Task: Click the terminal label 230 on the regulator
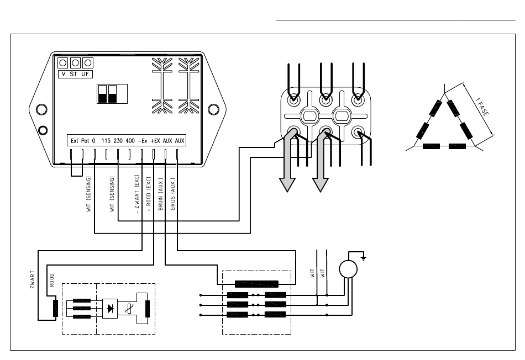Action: pyautogui.click(x=118, y=141)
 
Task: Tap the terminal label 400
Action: pyautogui.click(x=130, y=141)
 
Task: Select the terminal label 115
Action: pyautogui.click(x=106, y=141)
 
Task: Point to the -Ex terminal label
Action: pyautogui.click(x=142, y=141)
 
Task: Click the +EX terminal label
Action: pyautogui.click(x=155, y=141)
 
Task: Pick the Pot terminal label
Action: pyautogui.click(x=85, y=141)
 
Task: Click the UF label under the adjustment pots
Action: pyautogui.click(x=85, y=74)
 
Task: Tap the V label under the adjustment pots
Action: pyautogui.click(x=64, y=74)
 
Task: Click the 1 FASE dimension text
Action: pyautogui.click(x=482, y=107)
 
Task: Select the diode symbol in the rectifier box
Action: pyautogui.click(x=109, y=309)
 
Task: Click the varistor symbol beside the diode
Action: pyautogui.click(x=129, y=309)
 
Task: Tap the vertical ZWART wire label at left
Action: pyautogui.click(x=32, y=279)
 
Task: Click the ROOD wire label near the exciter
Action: pyautogui.click(x=51, y=280)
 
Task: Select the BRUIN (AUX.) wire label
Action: pyautogui.click(x=161, y=194)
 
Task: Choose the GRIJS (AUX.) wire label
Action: pyautogui.click(x=173, y=194)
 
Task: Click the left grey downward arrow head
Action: pyautogui.click(x=287, y=185)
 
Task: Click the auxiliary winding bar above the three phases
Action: pyautogui.click(x=256, y=284)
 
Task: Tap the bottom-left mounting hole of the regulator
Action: pyautogui.click(x=43, y=130)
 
